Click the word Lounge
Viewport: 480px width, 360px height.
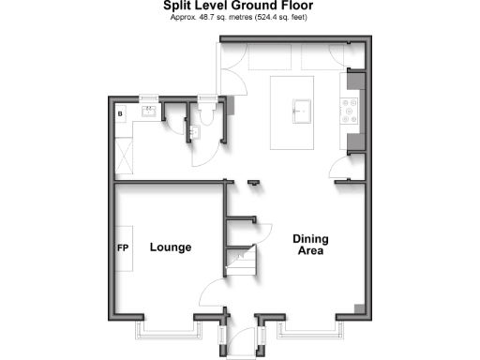[x=170, y=247]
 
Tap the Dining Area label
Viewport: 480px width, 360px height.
[x=310, y=245]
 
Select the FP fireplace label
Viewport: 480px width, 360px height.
[x=122, y=248]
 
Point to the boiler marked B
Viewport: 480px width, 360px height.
[x=120, y=113]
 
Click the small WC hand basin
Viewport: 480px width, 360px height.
[x=193, y=132]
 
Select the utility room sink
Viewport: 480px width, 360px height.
[x=149, y=112]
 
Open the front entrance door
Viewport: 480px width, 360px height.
[x=240, y=339]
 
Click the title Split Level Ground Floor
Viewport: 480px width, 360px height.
[x=239, y=7]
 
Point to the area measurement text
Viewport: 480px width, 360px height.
[x=239, y=18]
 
